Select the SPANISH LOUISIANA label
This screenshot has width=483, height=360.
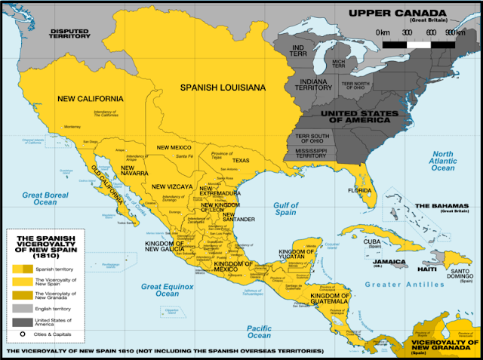point(223,88)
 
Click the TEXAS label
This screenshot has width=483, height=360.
point(240,161)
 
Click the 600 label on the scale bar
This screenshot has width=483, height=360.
point(430,33)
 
